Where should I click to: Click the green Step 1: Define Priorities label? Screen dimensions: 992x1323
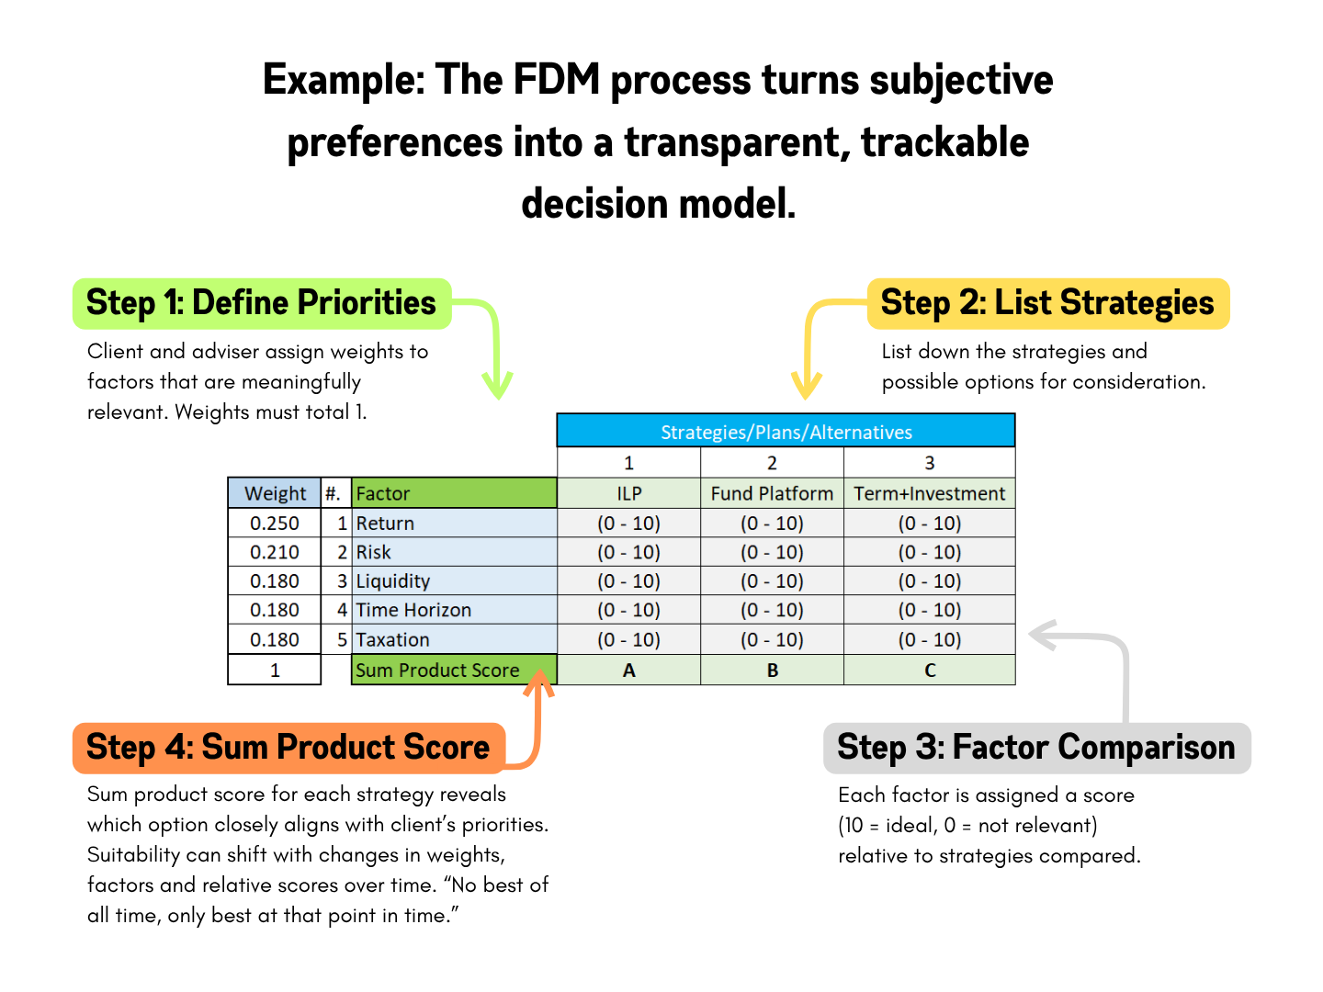(x=262, y=304)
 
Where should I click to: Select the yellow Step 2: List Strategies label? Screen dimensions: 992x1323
(x=1047, y=304)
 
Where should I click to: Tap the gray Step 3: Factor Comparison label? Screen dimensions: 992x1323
(x=1036, y=748)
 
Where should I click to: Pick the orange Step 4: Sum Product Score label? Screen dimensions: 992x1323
(x=288, y=748)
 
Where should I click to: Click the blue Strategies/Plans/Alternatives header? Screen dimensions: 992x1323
(x=786, y=432)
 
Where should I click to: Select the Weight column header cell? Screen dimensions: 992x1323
(x=275, y=493)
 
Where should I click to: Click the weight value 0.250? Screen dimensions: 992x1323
(x=275, y=524)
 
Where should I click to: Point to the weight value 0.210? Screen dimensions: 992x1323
(x=275, y=552)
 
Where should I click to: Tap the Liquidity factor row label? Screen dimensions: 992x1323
(x=393, y=581)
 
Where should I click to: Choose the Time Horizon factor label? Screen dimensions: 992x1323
(x=413, y=611)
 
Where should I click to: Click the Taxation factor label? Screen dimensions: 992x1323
(x=393, y=640)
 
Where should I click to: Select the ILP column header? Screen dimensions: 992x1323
(x=628, y=493)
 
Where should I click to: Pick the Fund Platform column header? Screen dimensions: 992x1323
(x=772, y=493)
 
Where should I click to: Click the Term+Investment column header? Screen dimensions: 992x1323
(x=929, y=493)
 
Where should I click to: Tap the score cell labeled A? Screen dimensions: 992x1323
(x=628, y=671)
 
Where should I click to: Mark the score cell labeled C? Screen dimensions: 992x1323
(x=929, y=671)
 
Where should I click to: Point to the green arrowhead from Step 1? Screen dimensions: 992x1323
(x=497, y=386)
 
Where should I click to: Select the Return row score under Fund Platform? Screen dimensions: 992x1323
(x=772, y=524)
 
